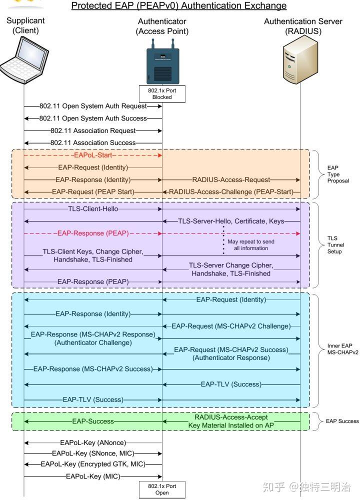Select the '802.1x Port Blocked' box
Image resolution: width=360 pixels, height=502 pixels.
pos(162,93)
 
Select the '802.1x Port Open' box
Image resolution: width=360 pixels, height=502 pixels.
pos(162,489)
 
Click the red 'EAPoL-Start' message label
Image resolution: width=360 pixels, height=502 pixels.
pos(93,155)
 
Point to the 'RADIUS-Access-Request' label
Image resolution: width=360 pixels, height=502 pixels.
pos(231,179)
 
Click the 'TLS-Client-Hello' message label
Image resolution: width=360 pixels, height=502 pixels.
pos(93,208)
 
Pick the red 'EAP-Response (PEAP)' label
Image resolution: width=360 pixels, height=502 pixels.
pos(93,232)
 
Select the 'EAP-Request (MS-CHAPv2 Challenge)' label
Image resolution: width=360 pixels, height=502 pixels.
pos(231,326)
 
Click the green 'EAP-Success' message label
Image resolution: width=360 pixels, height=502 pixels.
pos(93,421)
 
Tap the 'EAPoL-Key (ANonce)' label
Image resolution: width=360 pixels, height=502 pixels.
pos(93,442)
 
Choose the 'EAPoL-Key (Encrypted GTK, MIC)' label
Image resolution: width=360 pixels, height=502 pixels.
pos(93,464)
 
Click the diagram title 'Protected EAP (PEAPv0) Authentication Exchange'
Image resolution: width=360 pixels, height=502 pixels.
pos(179,6)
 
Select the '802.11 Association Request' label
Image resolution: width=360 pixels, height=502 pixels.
pos(93,130)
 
